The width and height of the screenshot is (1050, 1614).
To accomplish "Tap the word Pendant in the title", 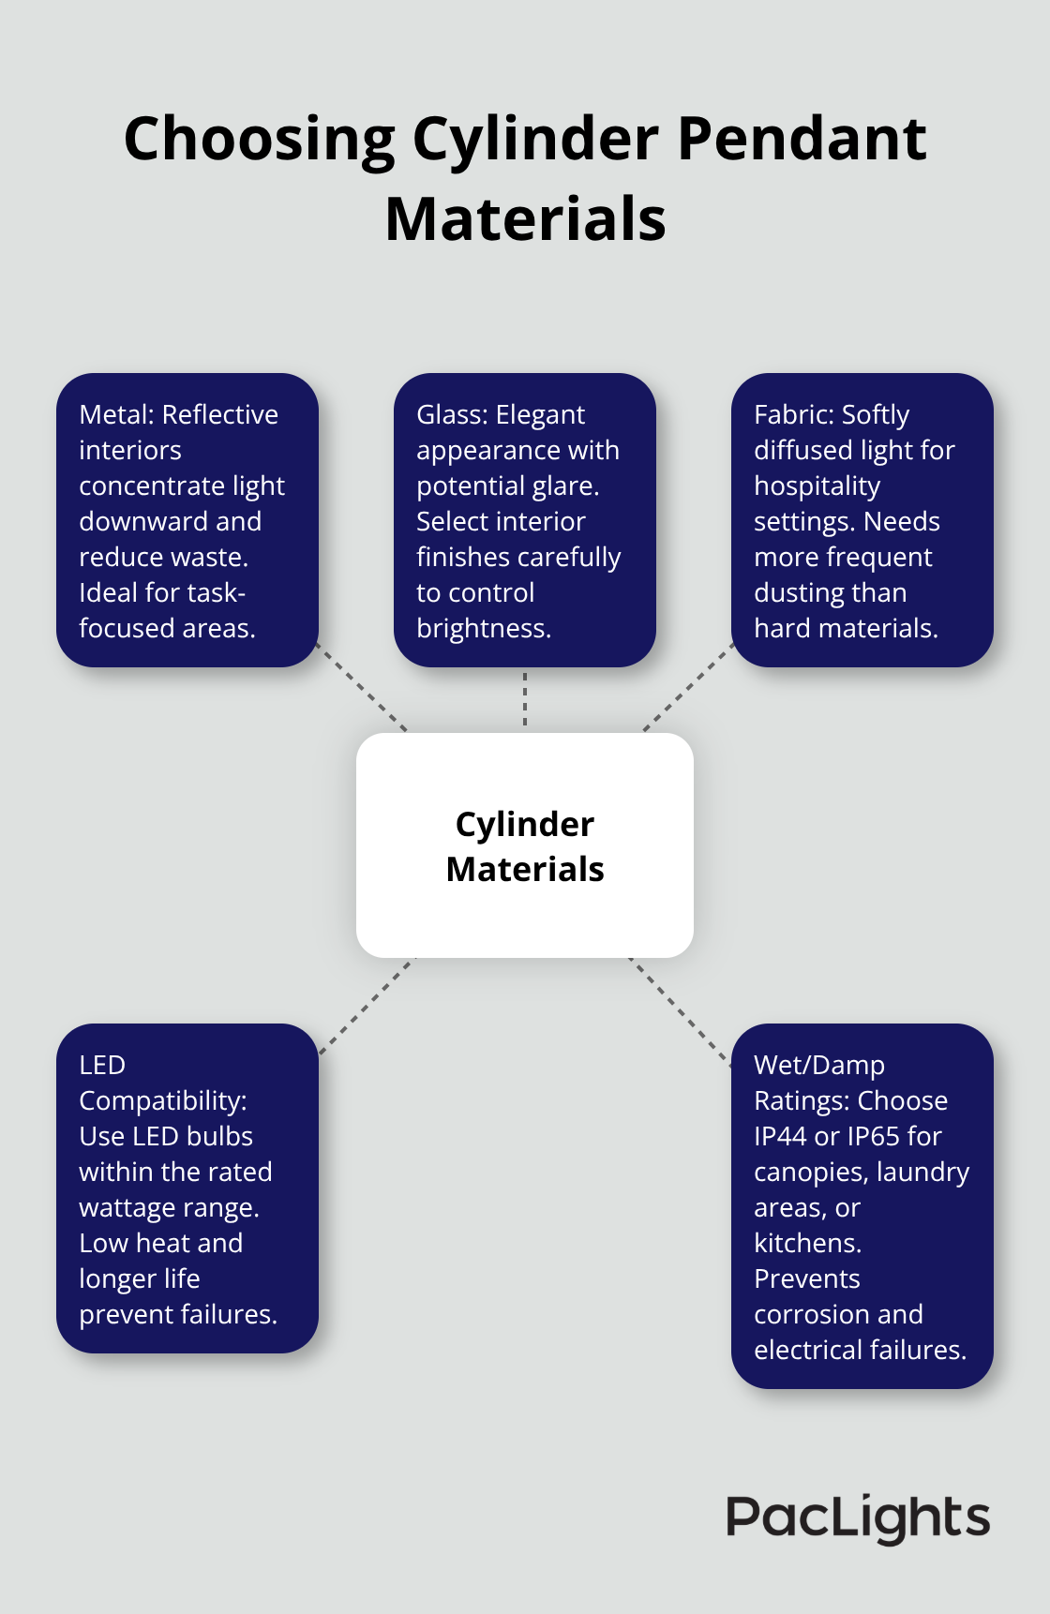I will coord(802,139).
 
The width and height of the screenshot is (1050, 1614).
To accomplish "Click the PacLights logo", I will coord(857,1517).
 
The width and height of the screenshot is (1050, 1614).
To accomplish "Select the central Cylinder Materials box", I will coord(525,845).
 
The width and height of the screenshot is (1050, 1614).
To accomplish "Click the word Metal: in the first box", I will coord(116,414).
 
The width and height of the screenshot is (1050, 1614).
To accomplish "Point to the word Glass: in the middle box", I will coord(452,414).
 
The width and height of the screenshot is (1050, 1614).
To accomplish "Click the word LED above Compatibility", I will coord(102,1065).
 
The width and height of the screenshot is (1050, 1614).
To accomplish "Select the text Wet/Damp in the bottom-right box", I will coord(818,1065).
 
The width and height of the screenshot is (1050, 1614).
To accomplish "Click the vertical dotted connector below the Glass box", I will coord(525,699).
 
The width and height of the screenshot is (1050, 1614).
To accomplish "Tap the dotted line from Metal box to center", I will coord(364,689).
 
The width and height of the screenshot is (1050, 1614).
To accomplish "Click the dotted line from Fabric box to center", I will coord(686,689).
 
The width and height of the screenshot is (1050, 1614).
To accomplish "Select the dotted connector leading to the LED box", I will coord(366,1006).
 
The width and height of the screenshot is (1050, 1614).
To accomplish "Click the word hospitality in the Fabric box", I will coord(817,486).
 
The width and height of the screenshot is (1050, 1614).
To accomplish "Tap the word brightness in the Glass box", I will coord(482,628).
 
